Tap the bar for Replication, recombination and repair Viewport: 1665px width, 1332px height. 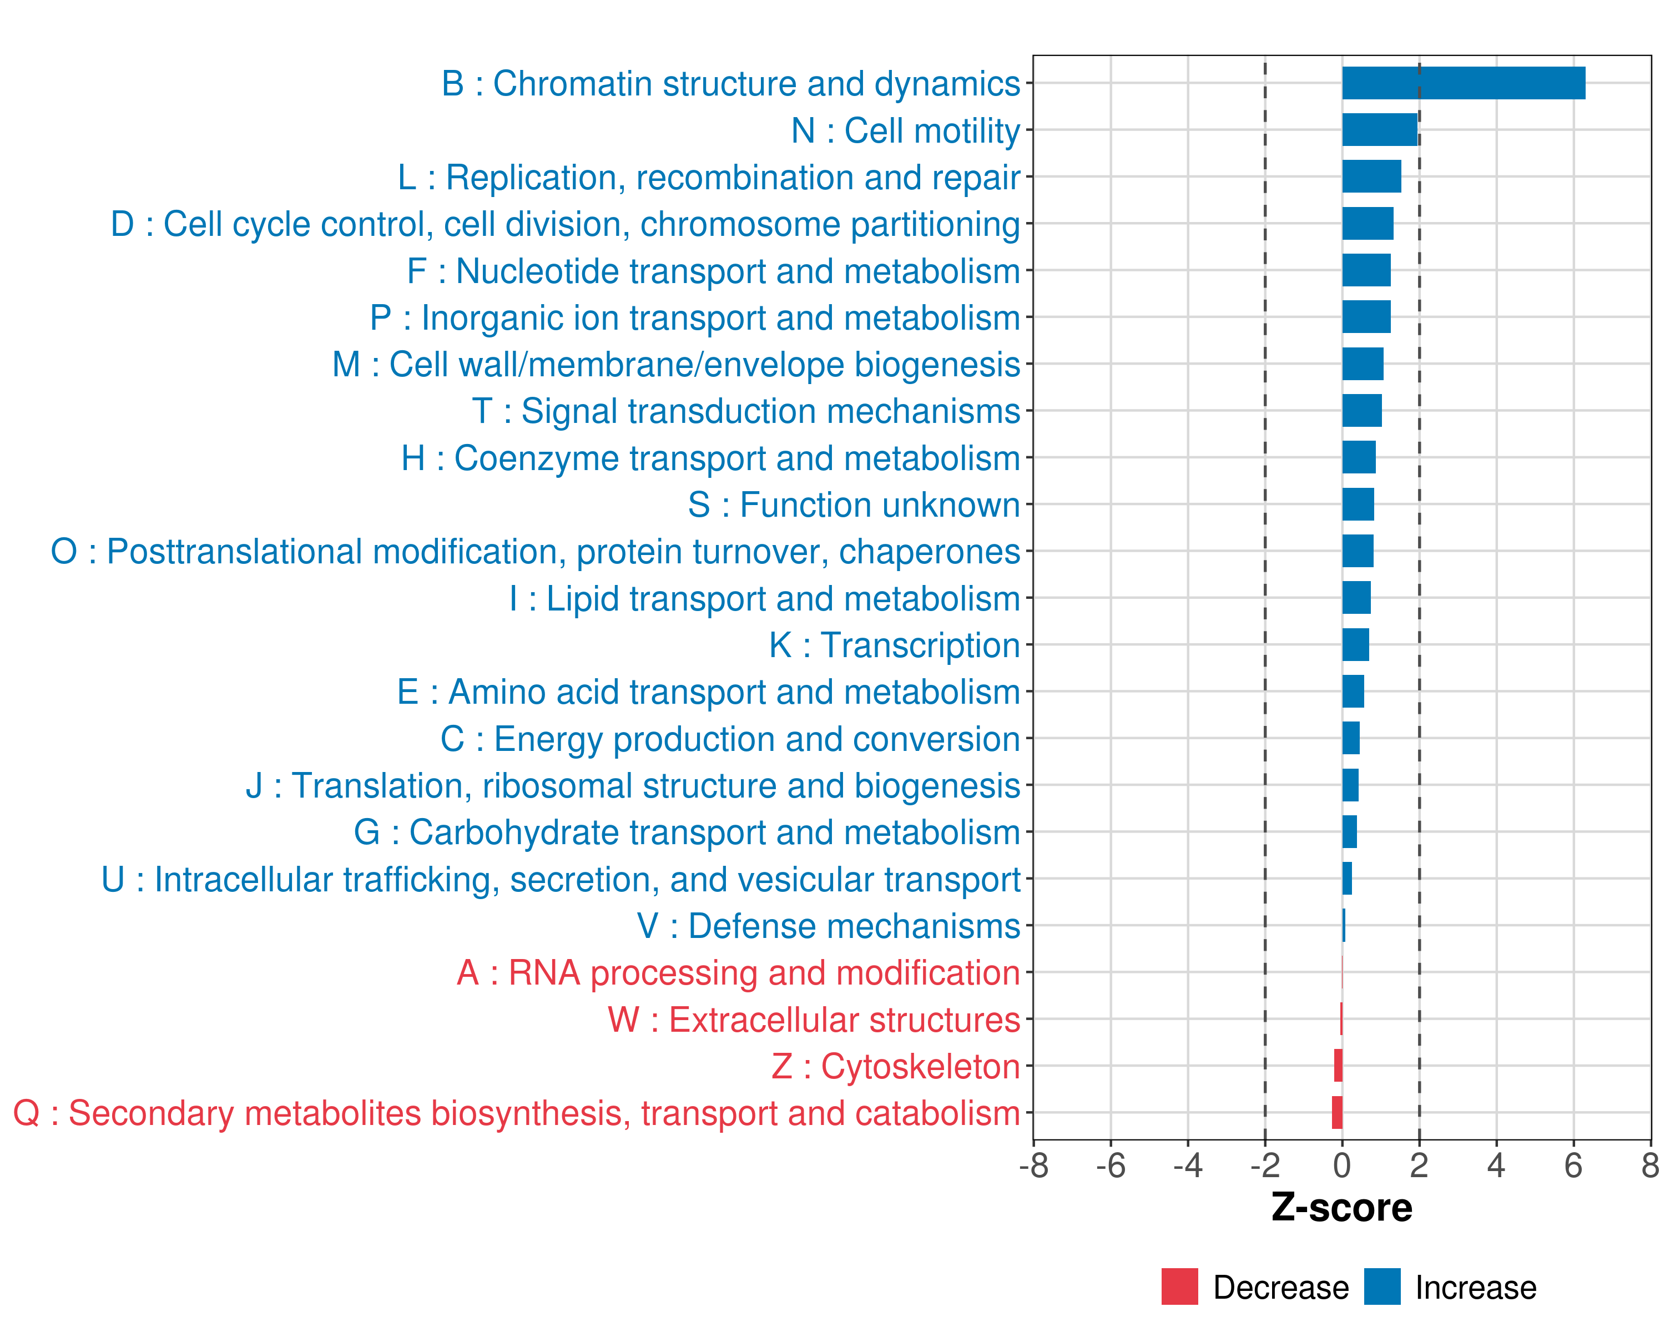[1371, 177]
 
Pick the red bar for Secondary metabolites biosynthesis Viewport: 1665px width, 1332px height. [1337, 1113]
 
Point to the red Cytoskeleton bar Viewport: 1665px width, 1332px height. [1338, 1066]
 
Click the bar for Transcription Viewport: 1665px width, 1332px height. [1355, 645]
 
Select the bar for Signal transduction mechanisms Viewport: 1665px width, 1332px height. [1361, 411]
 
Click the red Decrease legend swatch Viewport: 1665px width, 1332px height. [1179, 1286]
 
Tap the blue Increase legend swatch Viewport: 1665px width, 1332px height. [1381, 1286]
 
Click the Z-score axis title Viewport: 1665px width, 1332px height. [1341, 1208]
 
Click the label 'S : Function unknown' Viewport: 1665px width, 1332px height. [854, 505]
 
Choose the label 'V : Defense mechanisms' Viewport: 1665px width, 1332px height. [829, 926]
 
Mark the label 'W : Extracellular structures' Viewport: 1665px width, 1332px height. [814, 1020]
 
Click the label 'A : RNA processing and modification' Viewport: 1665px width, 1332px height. [738, 973]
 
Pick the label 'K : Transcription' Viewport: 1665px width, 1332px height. [894, 645]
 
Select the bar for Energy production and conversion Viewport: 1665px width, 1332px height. [1351, 738]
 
